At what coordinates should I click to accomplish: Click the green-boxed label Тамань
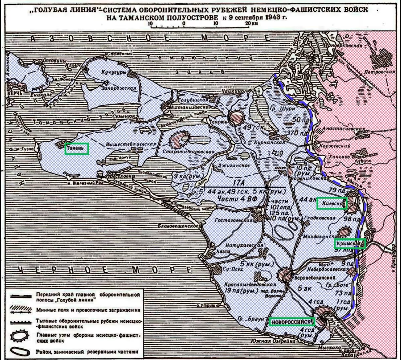point(77,148)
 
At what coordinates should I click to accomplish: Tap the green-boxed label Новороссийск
point(291,321)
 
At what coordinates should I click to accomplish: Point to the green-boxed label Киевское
point(332,203)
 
